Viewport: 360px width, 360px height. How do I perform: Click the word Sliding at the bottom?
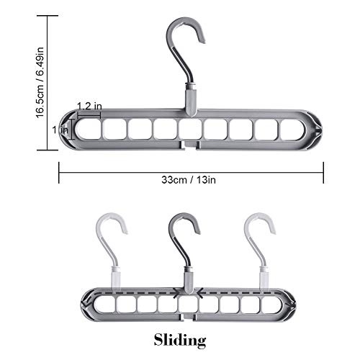click(x=180, y=340)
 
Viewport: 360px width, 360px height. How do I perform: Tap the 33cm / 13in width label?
click(x=189, y=179)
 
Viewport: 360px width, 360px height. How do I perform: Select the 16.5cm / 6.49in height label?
click(x=40, y=83)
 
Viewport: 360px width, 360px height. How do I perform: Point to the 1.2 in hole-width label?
click(x=89, y=106)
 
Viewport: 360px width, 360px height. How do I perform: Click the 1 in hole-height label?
click(x=60, y=130)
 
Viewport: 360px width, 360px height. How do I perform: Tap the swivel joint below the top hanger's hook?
click(x=192, y=99)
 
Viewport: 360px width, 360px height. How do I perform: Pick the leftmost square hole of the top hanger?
click(x=89, y=130)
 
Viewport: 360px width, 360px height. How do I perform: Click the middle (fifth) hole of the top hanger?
click(x=191, y=130)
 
